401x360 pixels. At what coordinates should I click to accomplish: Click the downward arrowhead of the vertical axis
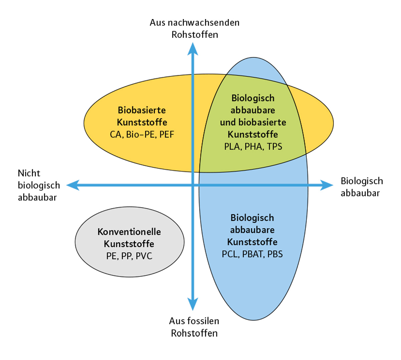pyautogui.click(x=192, y=304)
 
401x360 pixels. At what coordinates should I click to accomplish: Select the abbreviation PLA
pyautogui.click(x=232, y=147)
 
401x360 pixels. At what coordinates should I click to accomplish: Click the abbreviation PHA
pyautogui.click(x=253, y=147)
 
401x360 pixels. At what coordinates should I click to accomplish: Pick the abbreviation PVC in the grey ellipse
pyautogui.click(x=144, y=256)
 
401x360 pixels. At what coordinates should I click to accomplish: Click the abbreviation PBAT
pyautogui.click(x=253, y=254)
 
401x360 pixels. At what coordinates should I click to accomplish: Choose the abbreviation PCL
pyautogui.click(x=230, y=254)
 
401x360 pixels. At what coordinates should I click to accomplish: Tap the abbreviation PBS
pyautogui.click(x=275, y=254)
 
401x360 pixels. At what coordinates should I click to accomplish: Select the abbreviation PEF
pyautogui.click(x=167, y=134)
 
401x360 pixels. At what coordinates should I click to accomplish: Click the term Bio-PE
pyautogui.click(x=141, y=134)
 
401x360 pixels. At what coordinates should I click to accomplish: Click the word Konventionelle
pyautogui.click(x=129, y=232)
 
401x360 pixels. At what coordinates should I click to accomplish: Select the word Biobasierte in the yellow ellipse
pyautogui.click(x=142, y=110)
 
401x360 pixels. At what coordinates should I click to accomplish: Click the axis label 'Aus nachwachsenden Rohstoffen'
pyautogui.click(x=194, y=29)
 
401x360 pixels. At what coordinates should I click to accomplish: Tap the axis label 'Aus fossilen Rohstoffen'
pyautogui.click(x=194, y=327)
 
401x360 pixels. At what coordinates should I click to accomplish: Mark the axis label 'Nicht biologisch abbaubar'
pyautogui.click(x=38, y=185)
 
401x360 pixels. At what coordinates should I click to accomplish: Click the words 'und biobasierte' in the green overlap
pyautogui.click(x=253, y=122)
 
